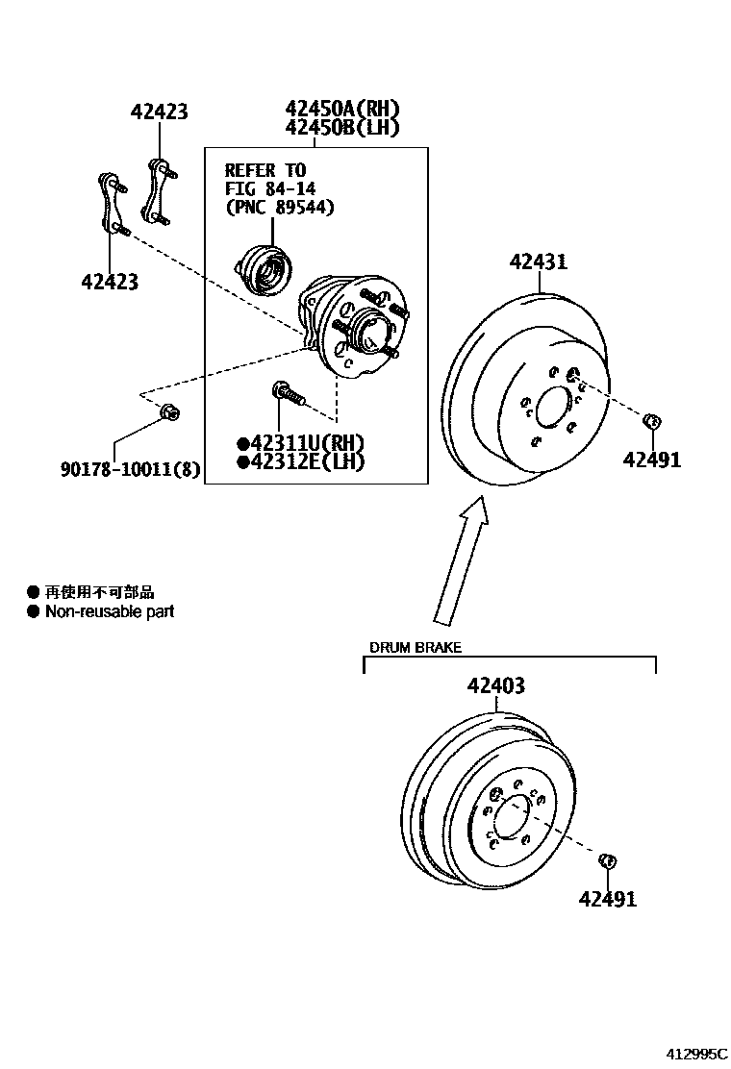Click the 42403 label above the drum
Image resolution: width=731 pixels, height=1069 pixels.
tap(495, 686)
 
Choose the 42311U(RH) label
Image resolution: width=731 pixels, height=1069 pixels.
tap(301, 443)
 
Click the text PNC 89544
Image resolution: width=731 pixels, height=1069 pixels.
tap(280, 207)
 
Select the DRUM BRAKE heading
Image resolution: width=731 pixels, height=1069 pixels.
tap(416, 648)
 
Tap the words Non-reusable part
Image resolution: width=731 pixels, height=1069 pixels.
tap(109, 611)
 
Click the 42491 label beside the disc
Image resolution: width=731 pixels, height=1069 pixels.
tap(651, 460)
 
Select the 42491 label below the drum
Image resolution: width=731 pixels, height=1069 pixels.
tap(608, 900)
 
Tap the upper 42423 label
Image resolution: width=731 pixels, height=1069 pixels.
tap(159, 112)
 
